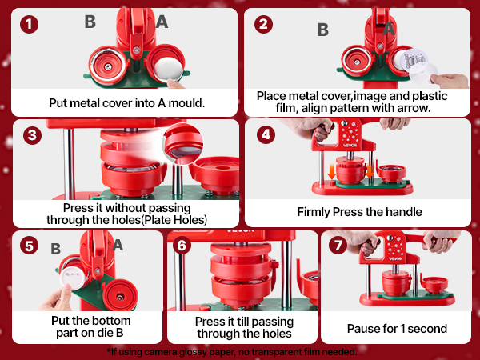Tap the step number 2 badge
click(x=264, y=23)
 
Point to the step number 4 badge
click(x=265, y=135)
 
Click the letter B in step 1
click(x=90, y=22)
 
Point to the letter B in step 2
click(x=323, y=30)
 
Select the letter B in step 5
click(x=56, y=249)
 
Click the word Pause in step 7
click(x=362, y=328)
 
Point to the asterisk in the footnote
click(x=107, y=351)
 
